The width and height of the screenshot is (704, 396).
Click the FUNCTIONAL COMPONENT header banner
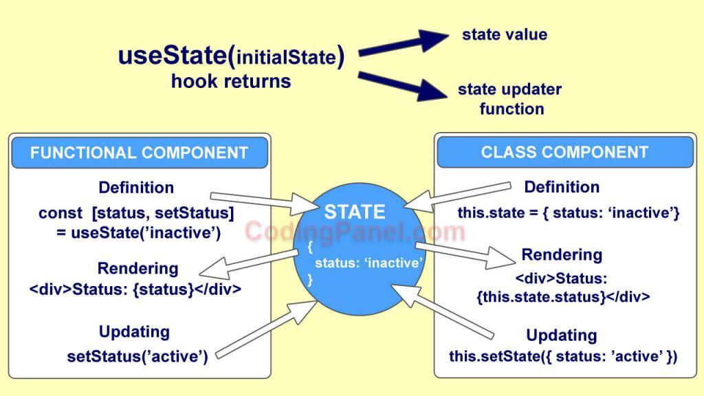[139, 152]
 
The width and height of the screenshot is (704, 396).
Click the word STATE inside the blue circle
[355, 212]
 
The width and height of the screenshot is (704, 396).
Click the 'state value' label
[505, 34]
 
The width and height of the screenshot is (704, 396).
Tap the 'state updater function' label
[509, 99]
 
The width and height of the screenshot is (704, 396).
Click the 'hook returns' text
[231, 81]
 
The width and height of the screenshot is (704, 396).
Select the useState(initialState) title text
[231, 55]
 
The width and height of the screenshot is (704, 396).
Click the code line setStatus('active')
[137, 356]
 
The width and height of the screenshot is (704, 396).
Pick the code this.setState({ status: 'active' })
[563, 356]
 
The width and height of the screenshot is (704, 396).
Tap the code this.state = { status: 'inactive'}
[569, 213]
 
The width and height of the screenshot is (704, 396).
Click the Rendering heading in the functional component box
[137, 268]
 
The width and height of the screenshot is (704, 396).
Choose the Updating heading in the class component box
[561, 335]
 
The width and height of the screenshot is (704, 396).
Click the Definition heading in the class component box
[562, 187]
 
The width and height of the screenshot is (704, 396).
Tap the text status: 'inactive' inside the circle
[368, 263]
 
